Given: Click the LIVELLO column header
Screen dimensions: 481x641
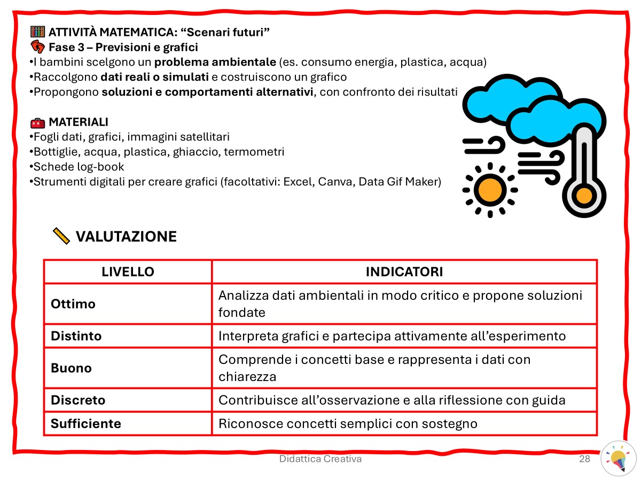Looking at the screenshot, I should pos(128,271).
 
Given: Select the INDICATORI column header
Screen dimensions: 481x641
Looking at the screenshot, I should pos(404,271).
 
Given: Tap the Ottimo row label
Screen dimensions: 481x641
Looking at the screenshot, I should pos(73,304).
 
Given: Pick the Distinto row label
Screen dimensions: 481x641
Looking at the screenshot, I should pos(76,336).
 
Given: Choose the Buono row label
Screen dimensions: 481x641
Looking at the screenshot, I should pos(71,368).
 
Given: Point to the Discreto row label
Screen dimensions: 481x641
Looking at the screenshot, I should pos(78,400).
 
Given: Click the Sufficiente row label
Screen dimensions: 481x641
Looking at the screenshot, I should pos(86,424).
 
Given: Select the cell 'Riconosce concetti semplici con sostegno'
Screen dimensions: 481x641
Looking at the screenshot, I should pos(348,424).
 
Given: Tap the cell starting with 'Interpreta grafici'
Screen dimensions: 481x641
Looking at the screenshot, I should pos(392,336).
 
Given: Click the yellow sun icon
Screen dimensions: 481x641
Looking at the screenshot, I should pos(489,189).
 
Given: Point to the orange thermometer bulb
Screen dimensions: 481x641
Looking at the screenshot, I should pos(584,196).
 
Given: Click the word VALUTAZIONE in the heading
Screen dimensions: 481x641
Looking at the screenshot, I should pos(126,236).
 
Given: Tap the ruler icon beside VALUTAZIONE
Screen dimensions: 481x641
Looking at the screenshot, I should pos(61,236).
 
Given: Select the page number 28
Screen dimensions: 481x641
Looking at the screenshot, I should pos(584,459).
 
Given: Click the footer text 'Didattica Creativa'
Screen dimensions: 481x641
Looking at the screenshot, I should pos(320,459).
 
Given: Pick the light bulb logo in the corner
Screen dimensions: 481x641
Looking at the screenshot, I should pos(619,458).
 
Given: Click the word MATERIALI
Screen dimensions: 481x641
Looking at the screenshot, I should pos(79,122).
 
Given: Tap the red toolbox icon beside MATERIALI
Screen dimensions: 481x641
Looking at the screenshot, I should pos(37,123).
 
